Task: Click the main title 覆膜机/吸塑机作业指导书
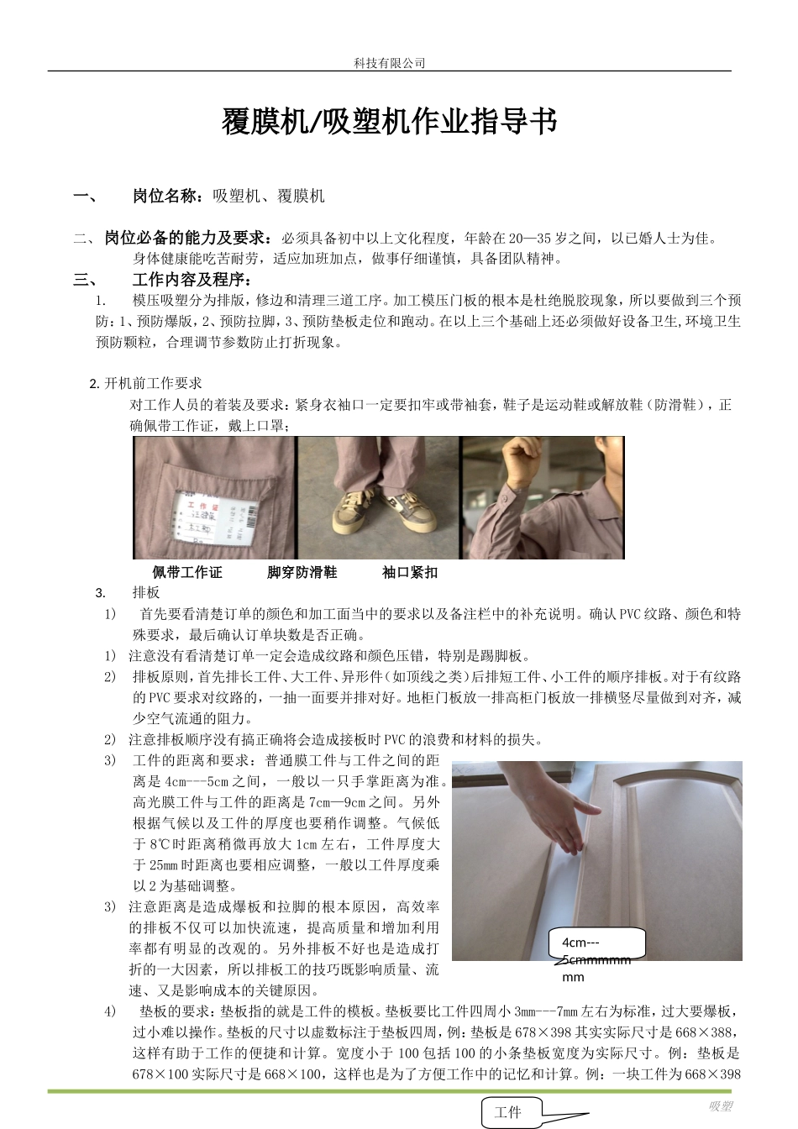(389, 122)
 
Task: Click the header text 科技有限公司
(389, 63)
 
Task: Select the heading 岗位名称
(166, 197)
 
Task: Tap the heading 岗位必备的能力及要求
(187, 239)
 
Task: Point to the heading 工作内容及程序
(191, 280)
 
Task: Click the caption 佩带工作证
(187, 573)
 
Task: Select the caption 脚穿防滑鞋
(302, 573)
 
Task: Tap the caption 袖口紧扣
(409, 573)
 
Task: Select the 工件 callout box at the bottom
(508, 1112)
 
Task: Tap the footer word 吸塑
(721, 1106)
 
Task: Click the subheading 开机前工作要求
(153, 384)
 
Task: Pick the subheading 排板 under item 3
(146, 593)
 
